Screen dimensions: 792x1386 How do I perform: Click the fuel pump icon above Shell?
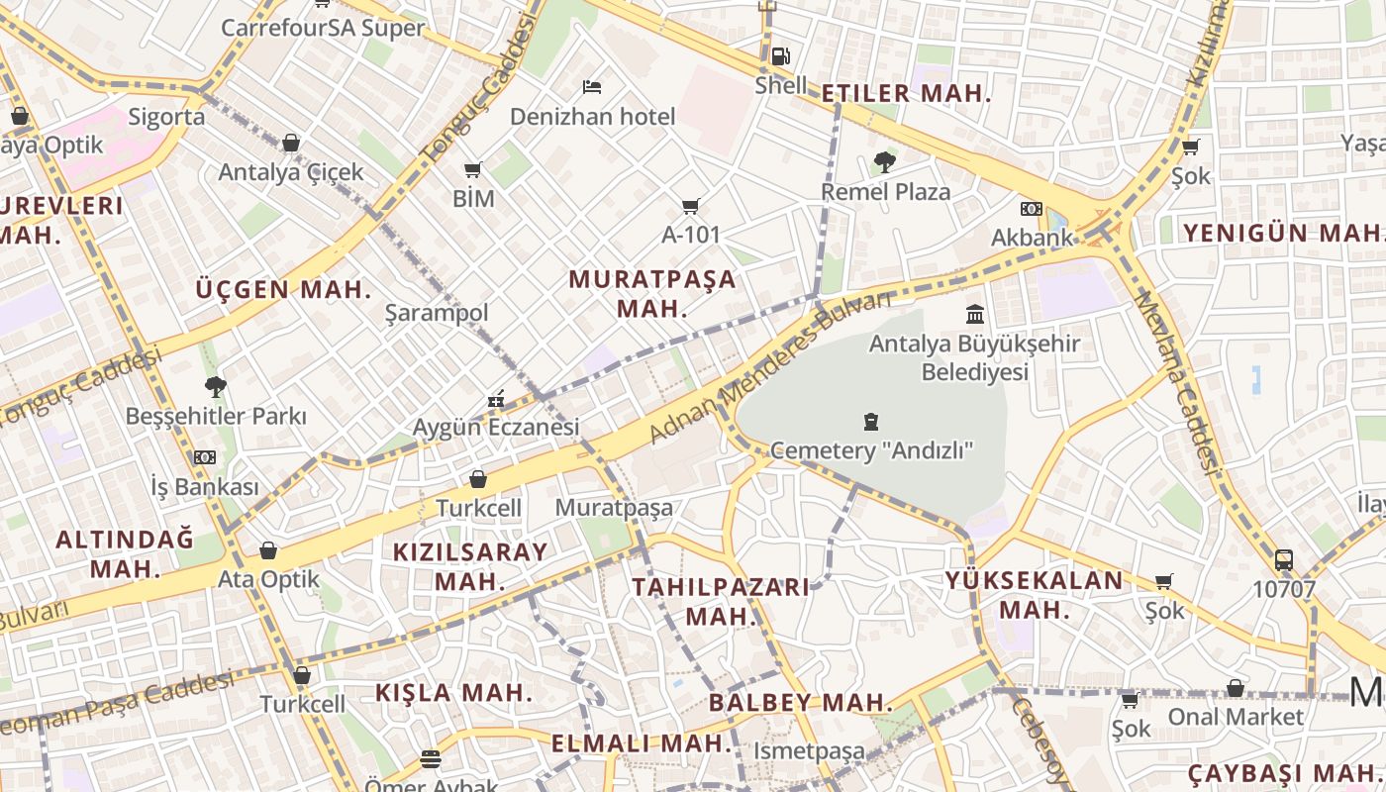point(780,56)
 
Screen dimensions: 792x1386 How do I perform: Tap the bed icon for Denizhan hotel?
point(592,87)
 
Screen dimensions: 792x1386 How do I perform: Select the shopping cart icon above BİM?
point(473,169)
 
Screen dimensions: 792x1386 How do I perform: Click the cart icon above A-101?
point(690,206)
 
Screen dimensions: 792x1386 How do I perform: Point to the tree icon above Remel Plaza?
point(885,161)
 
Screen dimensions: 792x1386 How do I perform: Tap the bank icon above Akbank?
point(1032,209)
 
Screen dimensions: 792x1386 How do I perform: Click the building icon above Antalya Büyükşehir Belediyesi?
point(975,315)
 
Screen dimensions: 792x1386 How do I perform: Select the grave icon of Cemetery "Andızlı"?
point(871,422)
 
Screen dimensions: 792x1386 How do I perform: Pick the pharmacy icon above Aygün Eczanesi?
point(496,399)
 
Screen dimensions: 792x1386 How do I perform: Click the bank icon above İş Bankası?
point(205,456)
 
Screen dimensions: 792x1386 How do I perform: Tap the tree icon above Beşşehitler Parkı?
point(216,386)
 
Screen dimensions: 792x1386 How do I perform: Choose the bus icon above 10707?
point(1284,560)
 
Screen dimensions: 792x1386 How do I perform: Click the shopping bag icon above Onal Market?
point(1236,687)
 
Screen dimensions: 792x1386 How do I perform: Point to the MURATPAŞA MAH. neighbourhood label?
point(652,293)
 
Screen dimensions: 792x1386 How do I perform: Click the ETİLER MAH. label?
point(906,94)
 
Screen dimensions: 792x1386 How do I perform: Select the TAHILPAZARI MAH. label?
point(721,601)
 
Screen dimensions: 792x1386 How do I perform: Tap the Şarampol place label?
point(437,313)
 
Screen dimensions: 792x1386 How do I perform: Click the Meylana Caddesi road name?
point(1177,382)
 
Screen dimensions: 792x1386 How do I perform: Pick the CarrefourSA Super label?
point(323,28)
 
